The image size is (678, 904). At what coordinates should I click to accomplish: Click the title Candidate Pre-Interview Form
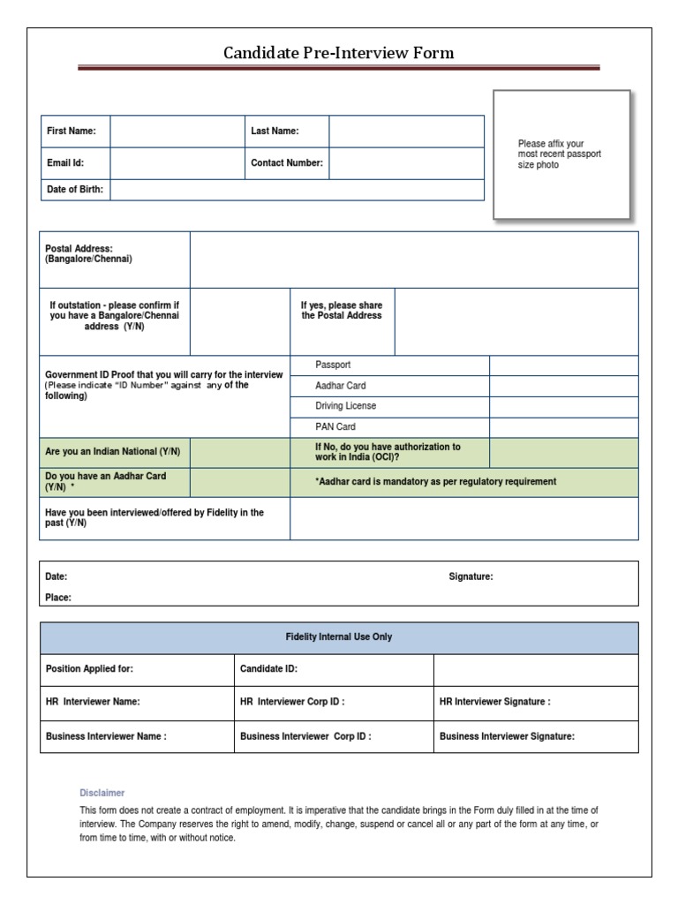pos(339,53)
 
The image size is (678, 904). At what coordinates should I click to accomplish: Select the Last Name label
pos(275,132)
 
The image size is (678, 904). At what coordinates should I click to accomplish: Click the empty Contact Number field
pos(406,163)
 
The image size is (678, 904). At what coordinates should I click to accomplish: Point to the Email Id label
pos(65,163)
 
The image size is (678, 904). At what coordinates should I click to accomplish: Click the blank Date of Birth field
pos(297,190)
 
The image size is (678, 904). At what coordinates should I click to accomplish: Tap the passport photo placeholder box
pos(561,154)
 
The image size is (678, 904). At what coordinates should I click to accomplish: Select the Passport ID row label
pos(333,365)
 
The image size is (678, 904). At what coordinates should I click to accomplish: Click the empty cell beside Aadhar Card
pos(563,386)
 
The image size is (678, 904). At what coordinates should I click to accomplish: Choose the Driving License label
pos(345,406)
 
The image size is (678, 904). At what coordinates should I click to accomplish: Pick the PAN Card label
pos(335,426)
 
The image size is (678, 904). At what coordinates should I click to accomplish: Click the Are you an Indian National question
pos(113,452)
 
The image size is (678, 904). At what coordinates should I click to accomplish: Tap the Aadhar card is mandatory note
pos(435,482)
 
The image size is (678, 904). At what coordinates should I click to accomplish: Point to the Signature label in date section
pos(471,576)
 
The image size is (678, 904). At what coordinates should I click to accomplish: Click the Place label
pos(58,598)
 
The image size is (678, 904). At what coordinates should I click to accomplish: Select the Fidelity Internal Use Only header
pos(339,637)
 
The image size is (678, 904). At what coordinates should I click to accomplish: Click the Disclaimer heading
pos(102,793)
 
